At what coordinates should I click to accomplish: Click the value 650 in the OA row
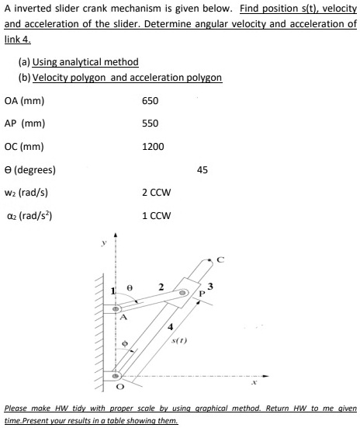click(151, 101)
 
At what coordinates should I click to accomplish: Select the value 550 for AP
click(151, 124)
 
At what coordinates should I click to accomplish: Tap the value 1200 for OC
click(154, 146)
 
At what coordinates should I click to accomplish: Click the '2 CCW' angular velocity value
click(156, 192)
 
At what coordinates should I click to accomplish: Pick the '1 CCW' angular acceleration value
click(156, 214)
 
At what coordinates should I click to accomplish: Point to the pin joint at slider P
click(185, 294)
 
